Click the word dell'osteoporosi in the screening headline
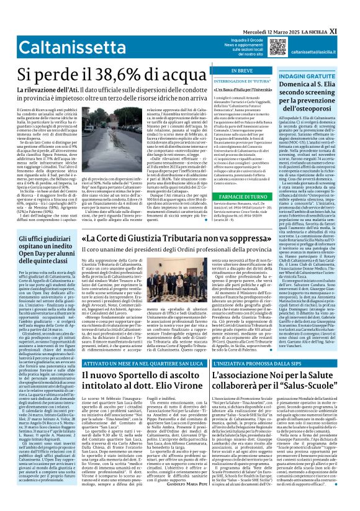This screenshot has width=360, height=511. [328, 112]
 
